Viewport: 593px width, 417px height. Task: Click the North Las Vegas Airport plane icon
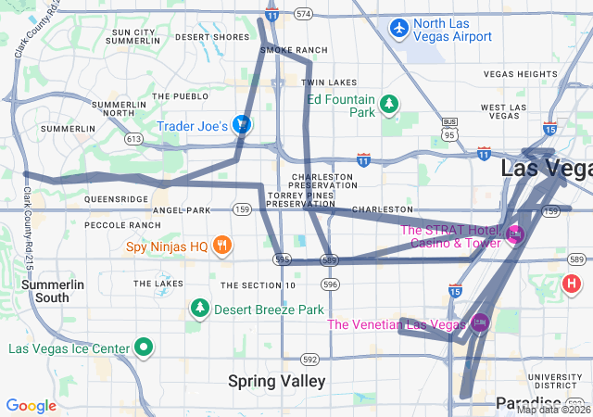click(x=398, y=28)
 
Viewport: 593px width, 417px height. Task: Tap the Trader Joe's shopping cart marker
click(x=241, y=124)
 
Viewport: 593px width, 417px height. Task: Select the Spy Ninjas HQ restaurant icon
click(x=221, y=246)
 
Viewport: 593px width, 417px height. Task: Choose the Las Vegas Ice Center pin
click(x=144, y=348)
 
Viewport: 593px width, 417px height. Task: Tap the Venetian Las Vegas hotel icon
click(x=479, y=323)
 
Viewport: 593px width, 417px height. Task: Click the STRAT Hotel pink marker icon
click(x=516, y=235)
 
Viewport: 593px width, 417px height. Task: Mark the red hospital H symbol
click(x=573, y=283)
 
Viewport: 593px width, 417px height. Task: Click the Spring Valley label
click(x=277, y=381)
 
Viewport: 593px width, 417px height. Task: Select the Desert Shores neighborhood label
click(x=212, y=37)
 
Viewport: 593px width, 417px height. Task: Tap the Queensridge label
click(x=116, y=198)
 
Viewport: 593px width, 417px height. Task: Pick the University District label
click(x=554, y=382)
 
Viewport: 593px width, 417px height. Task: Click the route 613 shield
click(x=135, y=139)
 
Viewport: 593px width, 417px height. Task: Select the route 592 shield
click(x=309, y=359)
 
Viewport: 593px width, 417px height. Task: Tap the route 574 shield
click(x=302, y=15)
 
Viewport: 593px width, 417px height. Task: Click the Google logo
click(x=32, y=405)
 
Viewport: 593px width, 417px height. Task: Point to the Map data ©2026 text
click(x=553, y=410)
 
